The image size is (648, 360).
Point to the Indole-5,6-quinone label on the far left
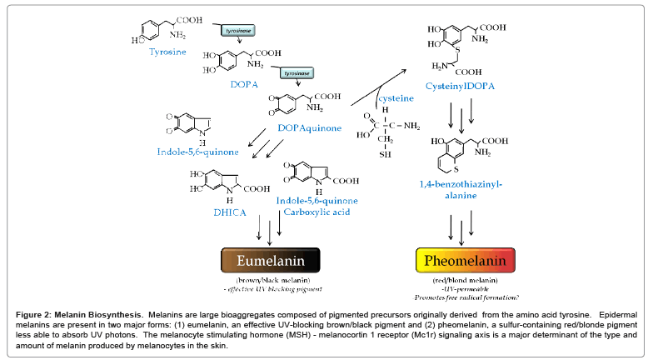(197, 152)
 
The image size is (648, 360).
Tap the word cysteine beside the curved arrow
(396, 98)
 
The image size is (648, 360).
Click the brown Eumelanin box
(271, 260)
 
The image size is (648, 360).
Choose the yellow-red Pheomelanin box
(461, 260)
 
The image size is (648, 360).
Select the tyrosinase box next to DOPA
(297, 74)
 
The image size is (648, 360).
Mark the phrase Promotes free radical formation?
(461, 297)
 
